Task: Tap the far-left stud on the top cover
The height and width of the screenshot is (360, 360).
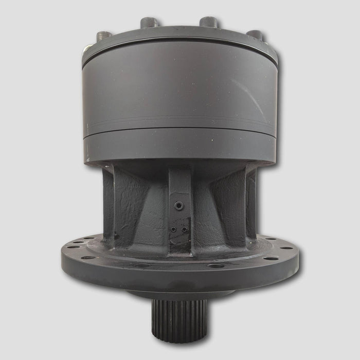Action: (105, 36)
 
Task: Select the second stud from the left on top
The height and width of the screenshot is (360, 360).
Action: (149, 23)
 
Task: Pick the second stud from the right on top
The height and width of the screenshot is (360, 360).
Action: (209, 23)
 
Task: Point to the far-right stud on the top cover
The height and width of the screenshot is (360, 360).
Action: (254, 35)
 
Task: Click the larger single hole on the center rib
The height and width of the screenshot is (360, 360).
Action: (178, 206)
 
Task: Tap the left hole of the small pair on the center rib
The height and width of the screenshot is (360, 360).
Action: (173, 229)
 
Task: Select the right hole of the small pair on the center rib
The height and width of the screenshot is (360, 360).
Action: (184, 229)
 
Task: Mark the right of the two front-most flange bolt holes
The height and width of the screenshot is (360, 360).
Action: (215, 266)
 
